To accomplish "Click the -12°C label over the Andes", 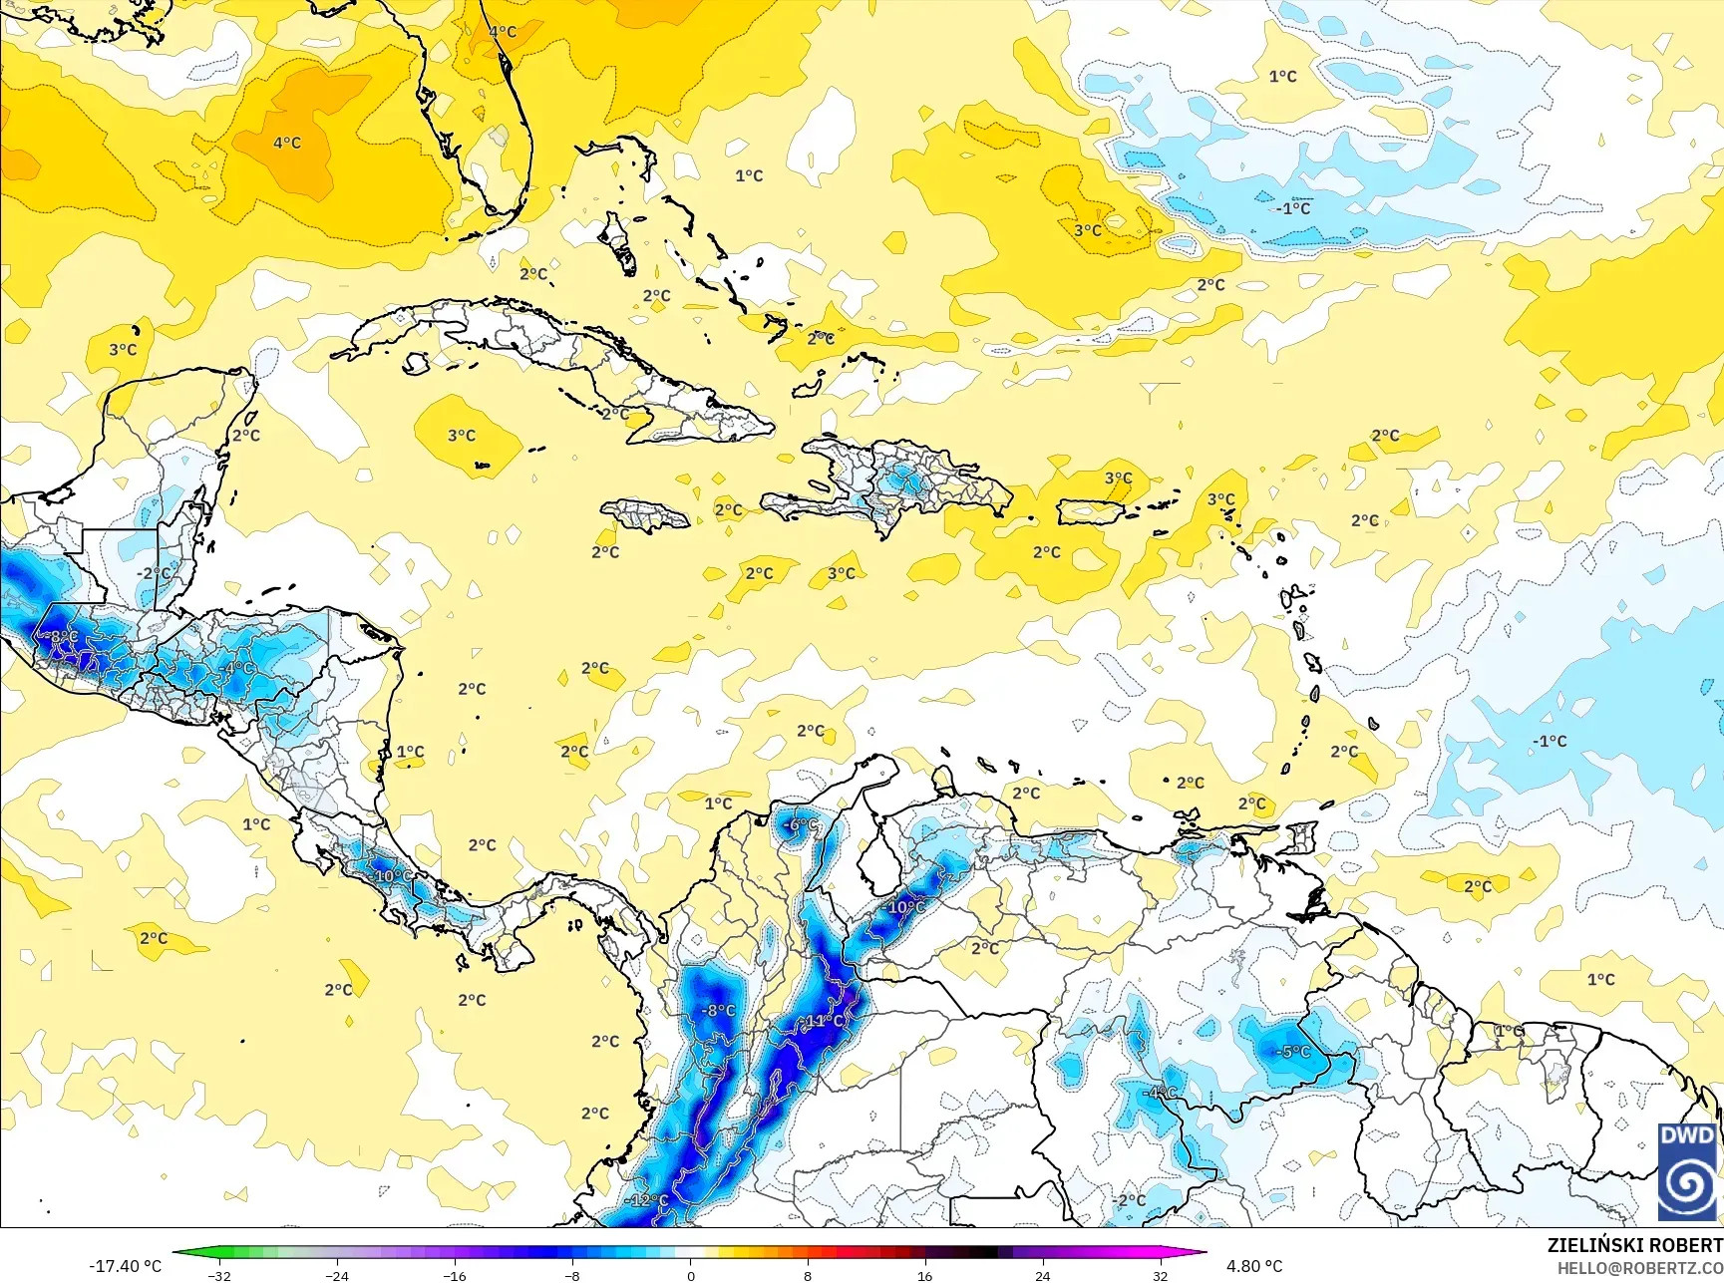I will [648, 1200].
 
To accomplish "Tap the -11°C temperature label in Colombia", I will [823, 1021].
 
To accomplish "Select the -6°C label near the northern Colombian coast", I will [800, 825].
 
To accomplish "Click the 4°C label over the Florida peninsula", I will [503, 32].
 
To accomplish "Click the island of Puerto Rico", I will [1090, 512].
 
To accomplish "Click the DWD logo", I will [1687, 1171].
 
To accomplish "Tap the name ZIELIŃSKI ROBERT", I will [1634, 1245].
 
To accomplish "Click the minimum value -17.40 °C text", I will [125, 1266].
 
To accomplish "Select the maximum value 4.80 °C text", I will [1254, 1266].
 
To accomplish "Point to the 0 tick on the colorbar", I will [690, 1275].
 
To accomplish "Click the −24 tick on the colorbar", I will [337, 1275].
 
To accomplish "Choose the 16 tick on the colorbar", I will [924, 1275].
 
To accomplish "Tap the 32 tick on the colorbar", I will [1160, 1275].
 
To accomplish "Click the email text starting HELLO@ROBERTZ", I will [1640, 1268].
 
